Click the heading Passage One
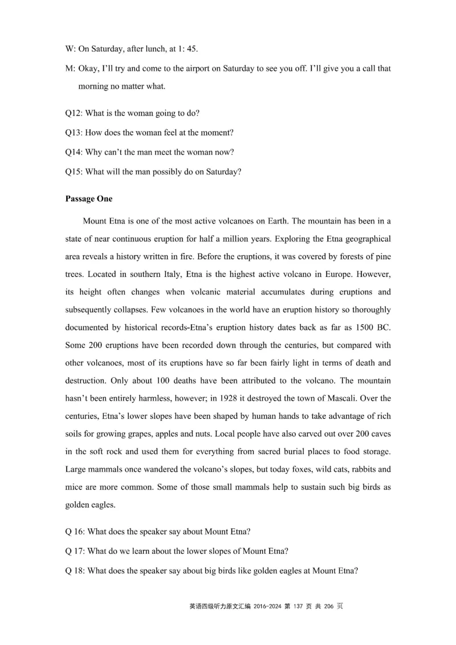89,199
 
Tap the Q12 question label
74,113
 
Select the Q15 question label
74,172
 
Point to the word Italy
170,274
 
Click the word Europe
332,274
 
